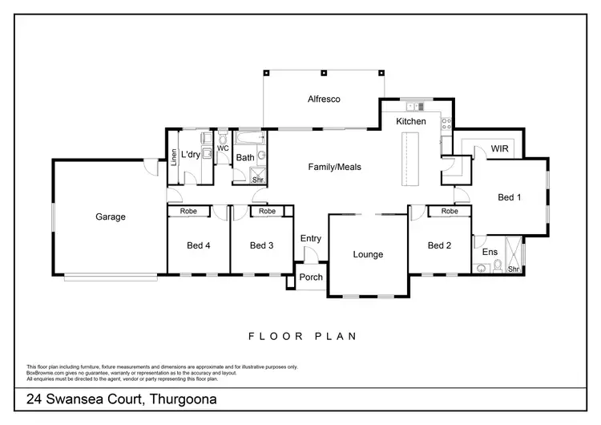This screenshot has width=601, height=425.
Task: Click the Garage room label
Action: pos(111,217)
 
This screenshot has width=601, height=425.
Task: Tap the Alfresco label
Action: pos(325,99)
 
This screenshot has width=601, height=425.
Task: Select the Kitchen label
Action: pos(411,121)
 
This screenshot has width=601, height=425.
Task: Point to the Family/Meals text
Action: pos(335,168)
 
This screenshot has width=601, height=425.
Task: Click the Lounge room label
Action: pos(369,255)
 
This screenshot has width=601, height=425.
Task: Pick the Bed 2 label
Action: pos(439,245)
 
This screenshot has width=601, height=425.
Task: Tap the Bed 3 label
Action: pos(261,245)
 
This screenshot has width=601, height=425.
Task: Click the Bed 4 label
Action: pos(198,245)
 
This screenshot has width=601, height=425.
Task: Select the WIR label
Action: pos(501,149)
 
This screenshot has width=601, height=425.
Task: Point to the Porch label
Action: pos(310,277)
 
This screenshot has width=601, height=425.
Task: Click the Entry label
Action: pos(310,239)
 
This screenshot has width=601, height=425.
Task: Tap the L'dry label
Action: pos(190,154)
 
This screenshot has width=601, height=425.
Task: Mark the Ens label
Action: pos(489,252)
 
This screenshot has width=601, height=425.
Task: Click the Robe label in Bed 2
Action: pos(449,211)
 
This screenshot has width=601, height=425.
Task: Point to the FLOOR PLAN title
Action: pos(301,336)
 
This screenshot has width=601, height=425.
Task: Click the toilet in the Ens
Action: pos(497,265)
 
